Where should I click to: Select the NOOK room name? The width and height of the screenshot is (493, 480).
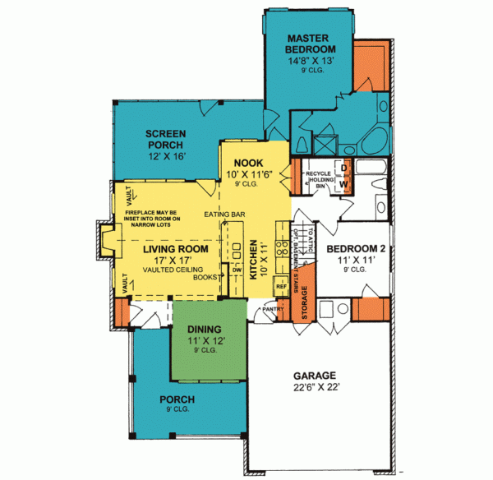point(247,163)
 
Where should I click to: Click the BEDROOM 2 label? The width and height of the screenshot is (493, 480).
point(356,248)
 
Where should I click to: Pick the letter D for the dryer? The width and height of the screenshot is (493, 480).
point(345,168)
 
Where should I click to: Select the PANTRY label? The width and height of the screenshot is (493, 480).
point(274,309)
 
